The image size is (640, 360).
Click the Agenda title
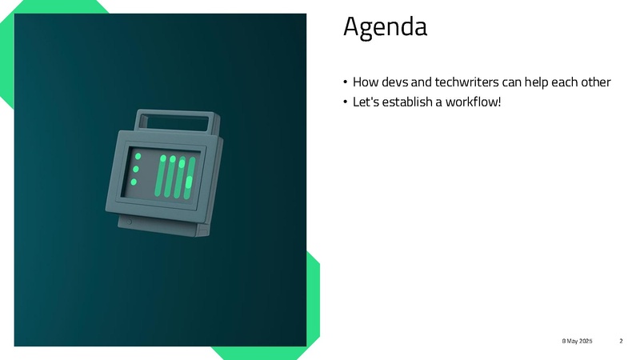[x=385, y=28]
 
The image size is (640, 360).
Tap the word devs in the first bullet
[x=394, y=82]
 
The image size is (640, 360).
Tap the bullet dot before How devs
[x=346, y=82]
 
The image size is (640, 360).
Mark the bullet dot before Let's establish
[x=346, y=102]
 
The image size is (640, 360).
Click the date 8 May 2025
[x=577, y=341]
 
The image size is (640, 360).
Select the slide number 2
[x=621, y=341]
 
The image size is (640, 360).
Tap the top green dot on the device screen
[x=138, y=156]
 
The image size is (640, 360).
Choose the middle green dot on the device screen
[x=136, y=169]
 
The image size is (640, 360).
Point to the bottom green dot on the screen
[x=134, y=182]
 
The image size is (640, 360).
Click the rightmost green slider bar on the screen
[x=190, y=178]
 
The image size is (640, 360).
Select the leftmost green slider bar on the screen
[x=161, y=175]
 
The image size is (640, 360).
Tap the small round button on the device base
[x=129, y=222]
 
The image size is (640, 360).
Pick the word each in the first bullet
[x=565, y=82]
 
